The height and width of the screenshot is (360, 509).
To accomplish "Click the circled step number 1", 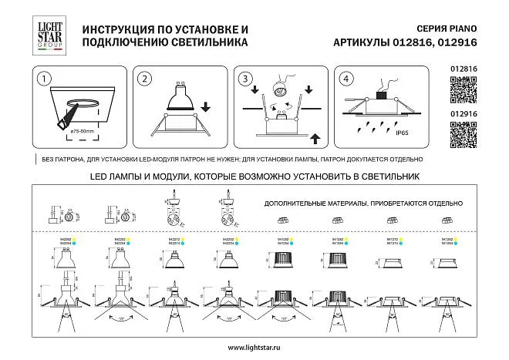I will [46, 79].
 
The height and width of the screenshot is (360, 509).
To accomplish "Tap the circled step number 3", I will [245, 79].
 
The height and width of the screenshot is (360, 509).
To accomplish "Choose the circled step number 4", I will [346, 79].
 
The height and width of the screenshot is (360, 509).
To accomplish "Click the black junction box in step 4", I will [379, 96].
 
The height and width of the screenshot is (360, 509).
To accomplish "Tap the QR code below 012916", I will [460, 137].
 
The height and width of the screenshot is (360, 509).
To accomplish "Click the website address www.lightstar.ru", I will [254, 349].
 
